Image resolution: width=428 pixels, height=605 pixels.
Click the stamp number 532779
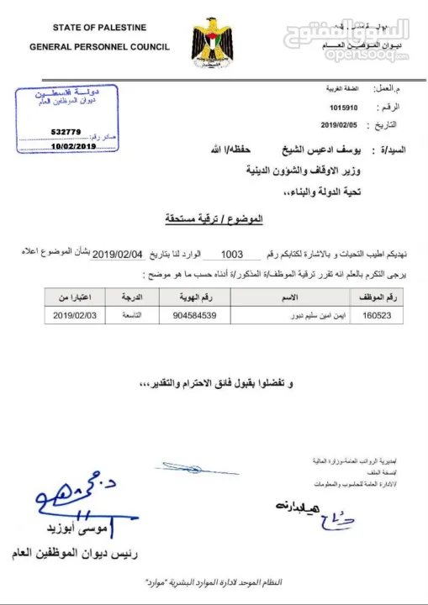(66, 132)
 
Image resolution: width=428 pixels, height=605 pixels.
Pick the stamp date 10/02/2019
(73, 146)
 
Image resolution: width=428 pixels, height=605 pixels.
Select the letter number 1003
(230, 253)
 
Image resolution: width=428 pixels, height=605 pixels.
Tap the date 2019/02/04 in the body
(119, 253)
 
